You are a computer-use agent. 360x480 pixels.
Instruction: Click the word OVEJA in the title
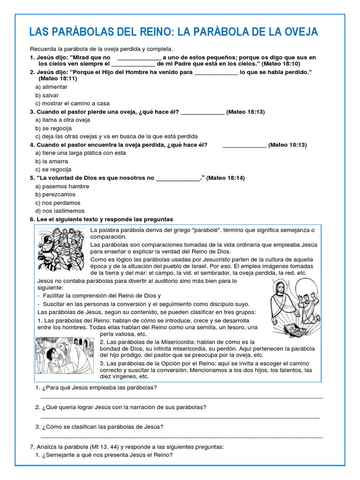(x=299, y=32)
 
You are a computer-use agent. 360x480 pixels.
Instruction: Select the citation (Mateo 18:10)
(x=281, y=63)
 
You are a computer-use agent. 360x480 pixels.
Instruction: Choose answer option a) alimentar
(x=52, y=87)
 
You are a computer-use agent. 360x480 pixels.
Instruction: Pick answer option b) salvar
(x=47, y=95)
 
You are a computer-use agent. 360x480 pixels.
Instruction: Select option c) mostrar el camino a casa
(x=72, y=104)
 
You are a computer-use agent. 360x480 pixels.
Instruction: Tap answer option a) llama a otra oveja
(x=63, y=120)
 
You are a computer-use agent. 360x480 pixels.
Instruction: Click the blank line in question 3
(x=202, y=112)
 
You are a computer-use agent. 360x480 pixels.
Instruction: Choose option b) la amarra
(x=52, y=161)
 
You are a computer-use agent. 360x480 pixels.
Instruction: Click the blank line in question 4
(x=244, y=145)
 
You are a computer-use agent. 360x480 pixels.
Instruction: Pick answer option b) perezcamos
(x=55, y=195)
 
